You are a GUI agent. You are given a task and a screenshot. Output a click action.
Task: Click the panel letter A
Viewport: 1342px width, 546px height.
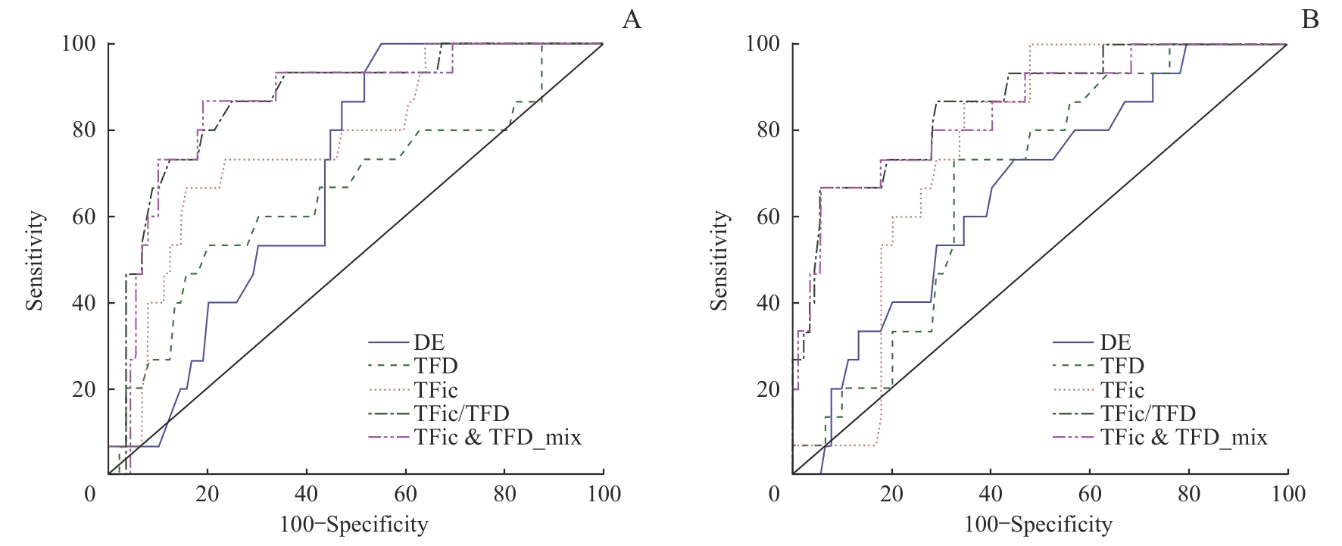click(632, 20)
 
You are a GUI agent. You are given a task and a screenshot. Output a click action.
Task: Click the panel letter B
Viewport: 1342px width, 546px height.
click(1309, 20)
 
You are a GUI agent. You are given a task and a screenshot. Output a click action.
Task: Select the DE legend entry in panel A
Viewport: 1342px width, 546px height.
click(429, 342)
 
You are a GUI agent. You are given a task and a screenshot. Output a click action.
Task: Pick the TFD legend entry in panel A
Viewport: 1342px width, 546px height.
click(435, 366)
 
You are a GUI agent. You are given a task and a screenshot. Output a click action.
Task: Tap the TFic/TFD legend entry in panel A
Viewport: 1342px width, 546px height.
click(461, 413)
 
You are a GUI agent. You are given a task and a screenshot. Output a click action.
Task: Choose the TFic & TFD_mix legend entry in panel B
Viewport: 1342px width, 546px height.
click(1184, 437)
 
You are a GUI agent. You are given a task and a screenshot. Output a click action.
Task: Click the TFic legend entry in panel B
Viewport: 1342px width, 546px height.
click(1122, 390)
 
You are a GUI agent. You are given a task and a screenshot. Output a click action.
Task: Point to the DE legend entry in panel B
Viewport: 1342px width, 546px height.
click(1115, 342)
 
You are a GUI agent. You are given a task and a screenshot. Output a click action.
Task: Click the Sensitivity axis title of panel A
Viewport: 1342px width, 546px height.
click(35, 261)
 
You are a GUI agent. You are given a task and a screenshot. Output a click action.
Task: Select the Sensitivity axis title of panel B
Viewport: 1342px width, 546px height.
click(719, 261)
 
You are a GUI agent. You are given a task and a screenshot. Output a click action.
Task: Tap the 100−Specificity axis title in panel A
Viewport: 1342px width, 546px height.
click(354, 525)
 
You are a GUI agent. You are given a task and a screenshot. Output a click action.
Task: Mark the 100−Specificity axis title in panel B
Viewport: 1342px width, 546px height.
click(1038, 525)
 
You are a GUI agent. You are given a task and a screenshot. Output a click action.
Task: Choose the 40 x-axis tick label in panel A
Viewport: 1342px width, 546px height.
click(306, 495)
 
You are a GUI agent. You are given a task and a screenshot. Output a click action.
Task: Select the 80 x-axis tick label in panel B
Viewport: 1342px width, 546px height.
click(1188, 495)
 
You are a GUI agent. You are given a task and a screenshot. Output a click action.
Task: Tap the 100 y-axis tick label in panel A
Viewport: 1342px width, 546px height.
click(78, 44)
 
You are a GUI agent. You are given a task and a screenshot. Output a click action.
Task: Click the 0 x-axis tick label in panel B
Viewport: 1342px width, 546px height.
click(773, 495)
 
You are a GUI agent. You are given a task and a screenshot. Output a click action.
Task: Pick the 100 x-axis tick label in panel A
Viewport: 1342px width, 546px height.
click(603, 495)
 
